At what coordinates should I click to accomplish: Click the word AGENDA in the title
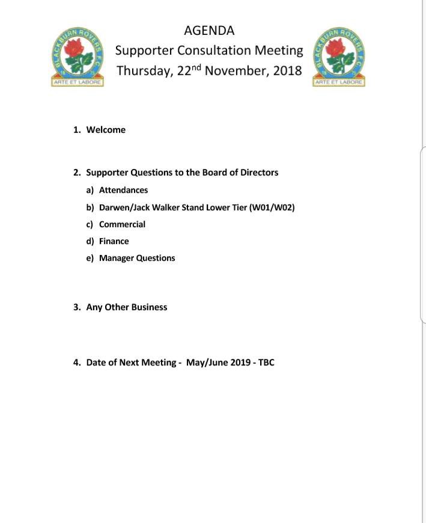point(209,31)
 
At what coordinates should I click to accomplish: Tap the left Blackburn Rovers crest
point(78,57)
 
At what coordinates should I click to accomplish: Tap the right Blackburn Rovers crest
point(339,57)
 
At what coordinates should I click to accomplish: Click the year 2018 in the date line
point(287,70)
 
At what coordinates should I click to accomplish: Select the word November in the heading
point(236,70)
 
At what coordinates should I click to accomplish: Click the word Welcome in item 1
point(106,130)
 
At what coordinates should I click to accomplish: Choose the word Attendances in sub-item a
point(123,190)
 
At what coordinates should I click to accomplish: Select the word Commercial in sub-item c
point(122,224)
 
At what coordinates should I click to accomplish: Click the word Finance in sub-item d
point(114,241)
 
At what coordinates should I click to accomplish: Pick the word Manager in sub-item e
point(117,258)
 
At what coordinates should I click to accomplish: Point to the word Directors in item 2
point(259,173)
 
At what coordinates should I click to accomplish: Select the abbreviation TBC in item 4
point(266,362)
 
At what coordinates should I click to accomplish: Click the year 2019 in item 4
point(242,362)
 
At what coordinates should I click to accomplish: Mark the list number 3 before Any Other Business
point(77,307)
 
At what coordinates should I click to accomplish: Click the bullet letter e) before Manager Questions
point(90,258)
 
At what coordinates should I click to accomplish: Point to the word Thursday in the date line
point(144,71)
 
